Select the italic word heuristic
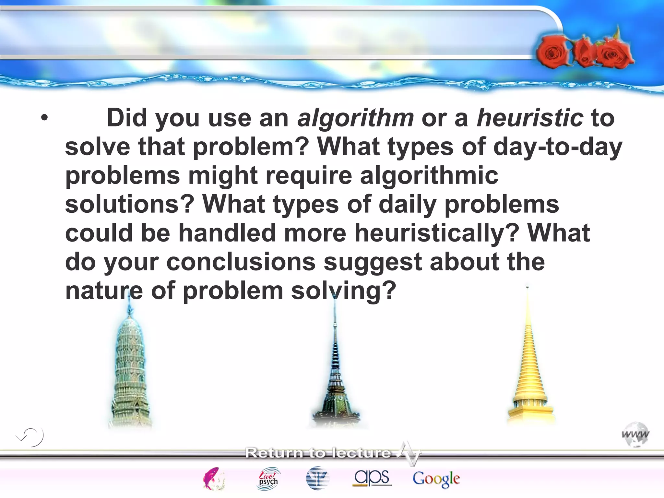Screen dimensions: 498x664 [x=530, y=118]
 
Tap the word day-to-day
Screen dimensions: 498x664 [x=557, y=147]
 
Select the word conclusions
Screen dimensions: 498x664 [x=241, y=262]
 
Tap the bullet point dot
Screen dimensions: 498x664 [x=44, y=118]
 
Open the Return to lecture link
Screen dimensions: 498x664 [x=318, y=453]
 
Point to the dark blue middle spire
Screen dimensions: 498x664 [x=335, y=373]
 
